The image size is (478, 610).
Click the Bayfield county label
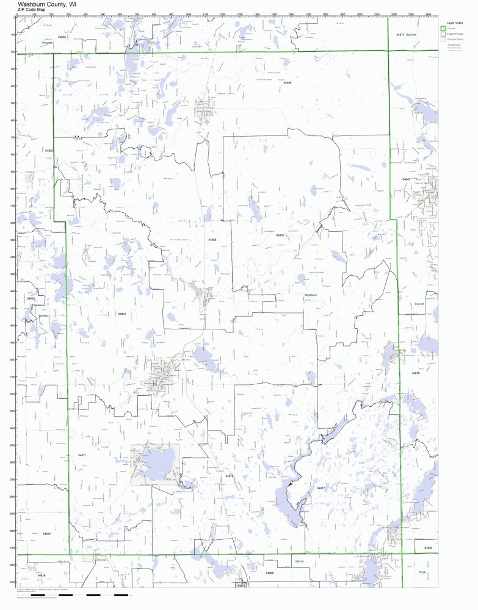coord(410,35)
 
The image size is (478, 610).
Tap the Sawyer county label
coord(419,303)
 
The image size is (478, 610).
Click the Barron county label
coord(300,560)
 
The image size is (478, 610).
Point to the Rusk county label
coord(422,572)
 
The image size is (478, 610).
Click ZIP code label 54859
coord(288,82)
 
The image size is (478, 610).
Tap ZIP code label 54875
coord(280,235)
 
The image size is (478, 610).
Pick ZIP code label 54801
coord(122,314)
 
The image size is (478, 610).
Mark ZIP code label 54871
coord(82,455)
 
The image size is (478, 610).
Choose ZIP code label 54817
coord(320,488)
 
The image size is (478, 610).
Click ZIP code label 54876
coord(416,373)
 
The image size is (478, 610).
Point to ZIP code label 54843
coord(406,179)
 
